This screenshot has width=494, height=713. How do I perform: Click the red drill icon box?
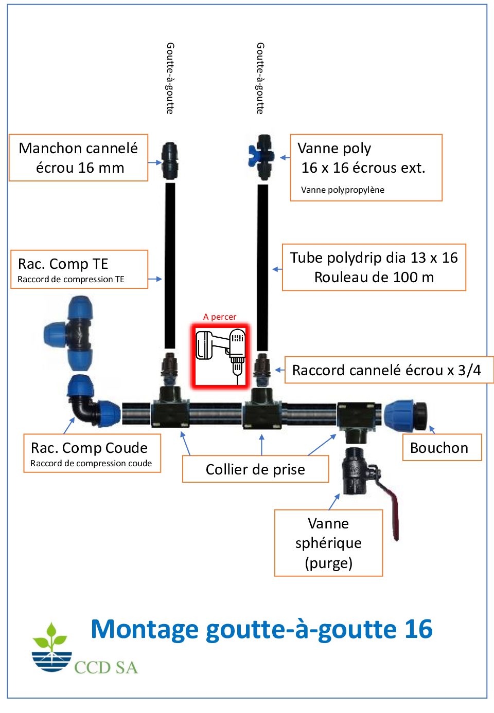coord(220,356)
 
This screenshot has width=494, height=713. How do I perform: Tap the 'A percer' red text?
coord(220,317)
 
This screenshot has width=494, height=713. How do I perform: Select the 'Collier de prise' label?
coord(255,469)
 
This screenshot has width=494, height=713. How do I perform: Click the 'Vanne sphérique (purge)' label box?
coord(328,543)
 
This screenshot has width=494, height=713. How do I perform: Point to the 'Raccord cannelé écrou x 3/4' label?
coord(386,370)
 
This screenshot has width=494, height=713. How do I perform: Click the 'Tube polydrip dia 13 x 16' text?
coord(374,258)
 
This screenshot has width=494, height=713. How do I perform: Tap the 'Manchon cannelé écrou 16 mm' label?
coord(79,158)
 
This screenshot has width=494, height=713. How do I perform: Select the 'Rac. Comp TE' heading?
coord(63,264)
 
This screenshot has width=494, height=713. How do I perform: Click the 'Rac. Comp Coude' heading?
coord(89,448)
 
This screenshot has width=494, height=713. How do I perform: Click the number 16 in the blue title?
coord(418,629)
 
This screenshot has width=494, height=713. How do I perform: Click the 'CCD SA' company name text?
coord(106,667)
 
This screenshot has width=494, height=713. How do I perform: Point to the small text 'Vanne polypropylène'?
coord(343,190)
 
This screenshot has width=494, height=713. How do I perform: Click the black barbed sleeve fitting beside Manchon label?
coord(170,160)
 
